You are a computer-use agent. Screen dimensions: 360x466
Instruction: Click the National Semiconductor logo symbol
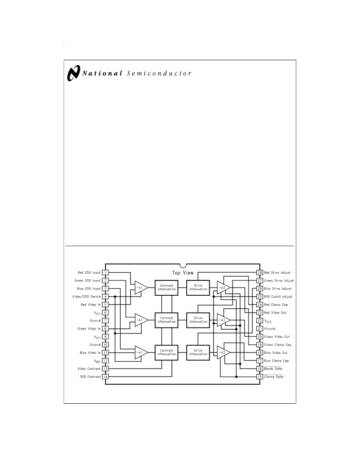point(73,73)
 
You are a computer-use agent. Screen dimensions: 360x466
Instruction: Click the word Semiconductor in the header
point(159,73)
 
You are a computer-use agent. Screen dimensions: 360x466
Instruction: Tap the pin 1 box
point(105,272)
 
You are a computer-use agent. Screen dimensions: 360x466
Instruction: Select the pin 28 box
point(260,272)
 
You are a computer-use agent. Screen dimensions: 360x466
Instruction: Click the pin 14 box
point(105,377)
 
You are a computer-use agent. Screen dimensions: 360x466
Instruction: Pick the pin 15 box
point(260,377)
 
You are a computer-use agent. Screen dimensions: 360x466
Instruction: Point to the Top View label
point(183,273)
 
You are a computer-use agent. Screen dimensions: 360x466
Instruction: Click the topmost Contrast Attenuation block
point(166,288)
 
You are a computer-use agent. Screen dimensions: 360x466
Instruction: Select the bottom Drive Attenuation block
point(198,352)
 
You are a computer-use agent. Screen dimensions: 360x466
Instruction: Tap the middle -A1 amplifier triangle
point(141,320)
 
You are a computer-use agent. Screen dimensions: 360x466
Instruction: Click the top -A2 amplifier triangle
point(223,288)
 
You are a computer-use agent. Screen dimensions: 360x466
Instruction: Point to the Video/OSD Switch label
point(86,297)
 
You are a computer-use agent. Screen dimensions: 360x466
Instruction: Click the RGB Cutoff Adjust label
point(278,297)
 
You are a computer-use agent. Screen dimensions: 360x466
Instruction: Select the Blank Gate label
point(273,369)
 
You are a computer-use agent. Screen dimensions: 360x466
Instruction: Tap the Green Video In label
point(89,329)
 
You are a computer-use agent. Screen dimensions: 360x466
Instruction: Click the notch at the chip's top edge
point(183,265)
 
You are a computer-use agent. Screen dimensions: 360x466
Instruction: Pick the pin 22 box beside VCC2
point(260,321)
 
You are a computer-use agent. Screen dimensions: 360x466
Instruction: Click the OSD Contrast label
point(90,377)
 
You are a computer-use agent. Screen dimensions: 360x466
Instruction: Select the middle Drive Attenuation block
point(198,320)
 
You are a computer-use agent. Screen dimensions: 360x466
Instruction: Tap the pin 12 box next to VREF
point(105,361)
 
